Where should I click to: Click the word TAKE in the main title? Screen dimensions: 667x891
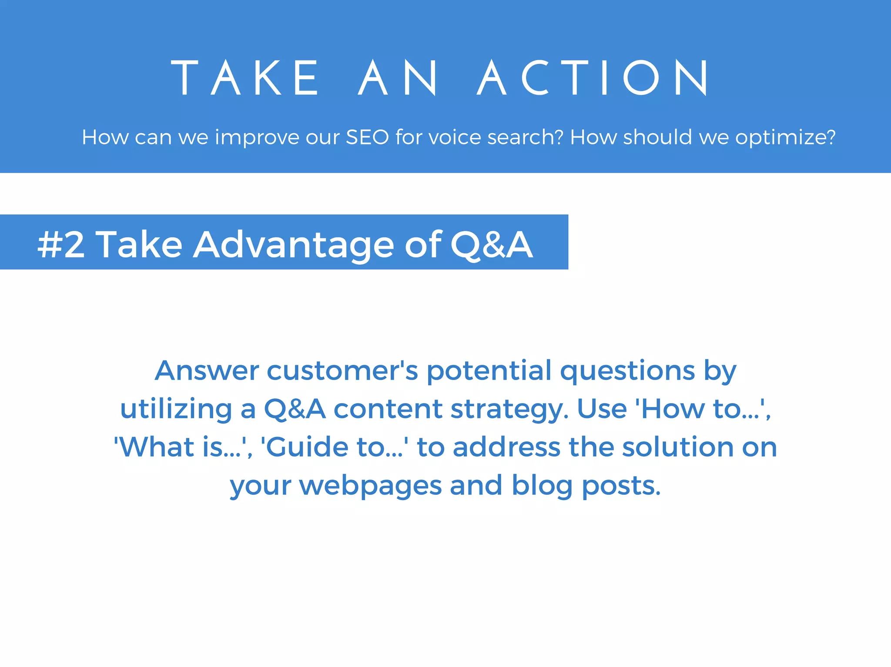point(246,78)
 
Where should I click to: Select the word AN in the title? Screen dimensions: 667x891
point(397,78)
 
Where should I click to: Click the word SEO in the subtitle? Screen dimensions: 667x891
point(367,137)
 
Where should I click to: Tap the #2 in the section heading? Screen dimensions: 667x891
point(61,245)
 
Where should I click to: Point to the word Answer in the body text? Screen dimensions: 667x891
point(207,371)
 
